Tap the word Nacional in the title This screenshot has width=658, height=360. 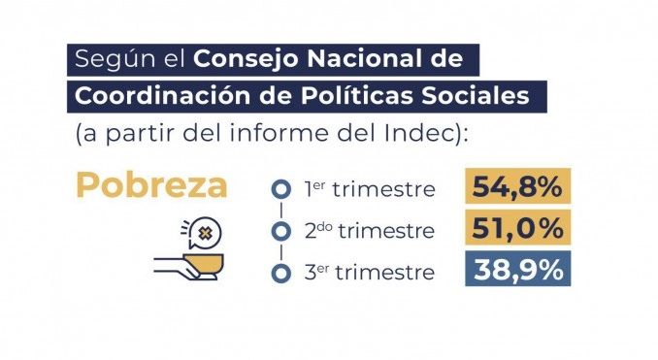pyautogui.click(x=364, y=58)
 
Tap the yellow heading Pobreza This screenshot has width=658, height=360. pyautogui.click(x=151, y=185)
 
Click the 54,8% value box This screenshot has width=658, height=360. pyautogui.click(x=518, y=186)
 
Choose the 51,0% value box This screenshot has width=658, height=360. pyautogui.click(x=518, y=227)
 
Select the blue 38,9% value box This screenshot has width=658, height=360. pyautogui.click(x=518, y=269)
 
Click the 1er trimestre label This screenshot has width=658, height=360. pyautogui.click(x=370, y=189)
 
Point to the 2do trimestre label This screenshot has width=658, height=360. pyautogui.click(x=370, y=230)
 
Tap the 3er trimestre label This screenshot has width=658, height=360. pyautogui.click(x=370, y=272)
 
